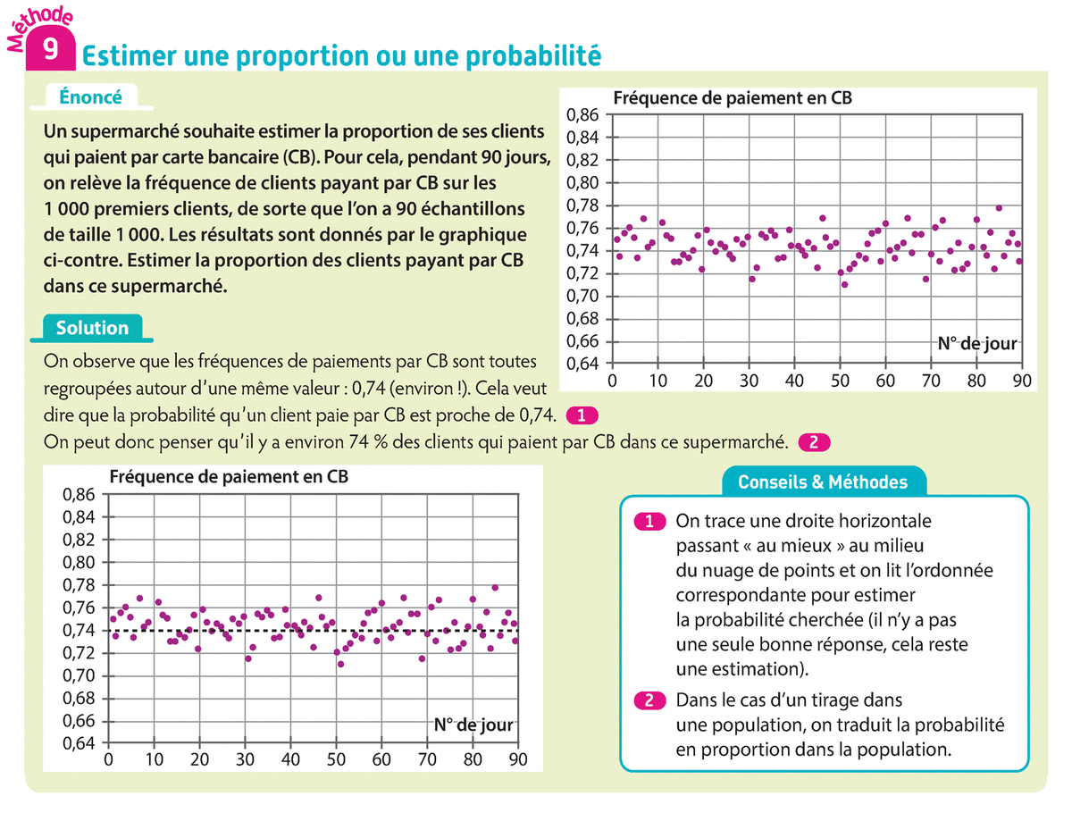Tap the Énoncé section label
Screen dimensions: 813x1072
click(90, 96)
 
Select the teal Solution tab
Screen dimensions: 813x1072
click(92, 328)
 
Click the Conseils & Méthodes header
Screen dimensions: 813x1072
click(822, 482)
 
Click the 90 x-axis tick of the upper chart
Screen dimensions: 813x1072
click(1022, 380)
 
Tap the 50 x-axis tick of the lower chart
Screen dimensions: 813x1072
click(336, 760)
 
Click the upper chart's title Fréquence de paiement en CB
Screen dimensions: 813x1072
click(733, 98)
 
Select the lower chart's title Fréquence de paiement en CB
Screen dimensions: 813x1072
click(229, 477)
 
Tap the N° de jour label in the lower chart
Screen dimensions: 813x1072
click(473, 725)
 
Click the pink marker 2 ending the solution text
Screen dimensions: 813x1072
click(814, 441)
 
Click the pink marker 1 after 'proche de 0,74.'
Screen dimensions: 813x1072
click(582, 415)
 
